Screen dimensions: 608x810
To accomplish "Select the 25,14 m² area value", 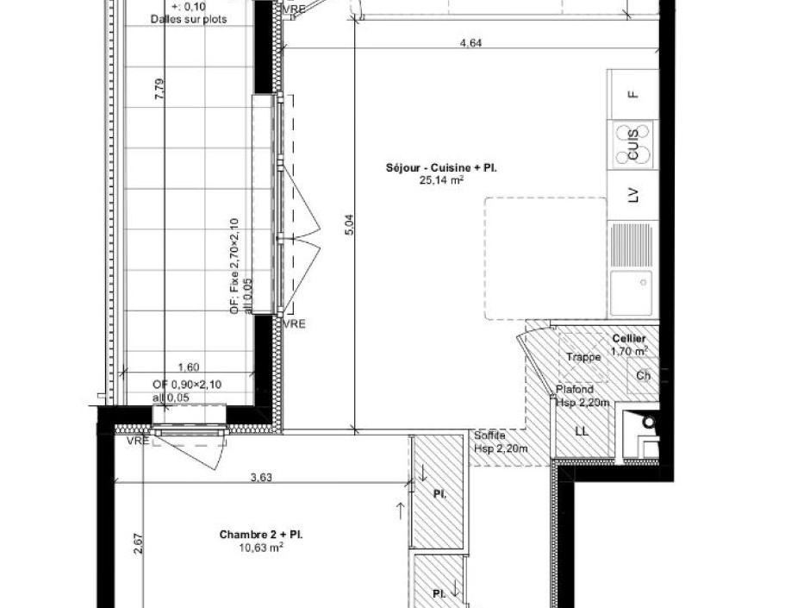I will (441, 180).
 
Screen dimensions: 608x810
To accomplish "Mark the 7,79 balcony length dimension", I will (158, 90).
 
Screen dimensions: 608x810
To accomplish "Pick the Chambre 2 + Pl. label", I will (260, 535).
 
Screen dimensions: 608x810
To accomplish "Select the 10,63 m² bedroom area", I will (260, 547).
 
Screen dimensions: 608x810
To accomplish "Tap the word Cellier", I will (629, 339).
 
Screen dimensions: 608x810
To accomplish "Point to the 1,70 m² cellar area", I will (629, 351).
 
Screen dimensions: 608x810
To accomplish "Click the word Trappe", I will (583, 357).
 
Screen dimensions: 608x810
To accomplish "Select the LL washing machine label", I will (582, 431).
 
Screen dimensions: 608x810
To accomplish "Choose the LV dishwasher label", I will (633, 196).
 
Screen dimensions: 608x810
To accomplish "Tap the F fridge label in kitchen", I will (633, 94).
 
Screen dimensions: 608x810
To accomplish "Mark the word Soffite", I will (489, 436).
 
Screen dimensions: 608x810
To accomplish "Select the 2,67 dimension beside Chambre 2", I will (139, 543).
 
